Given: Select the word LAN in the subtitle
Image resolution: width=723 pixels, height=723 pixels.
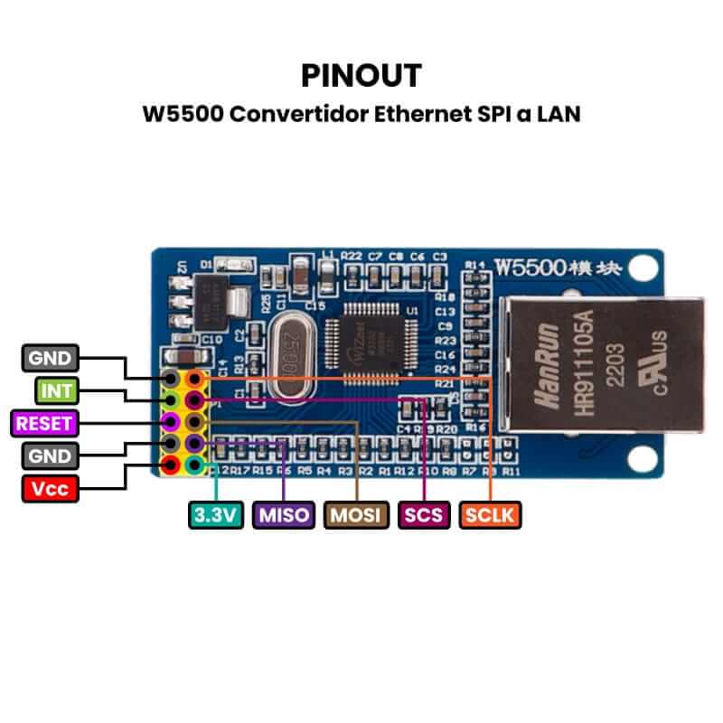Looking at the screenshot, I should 559,115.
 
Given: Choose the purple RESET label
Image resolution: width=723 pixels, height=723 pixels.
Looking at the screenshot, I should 42,422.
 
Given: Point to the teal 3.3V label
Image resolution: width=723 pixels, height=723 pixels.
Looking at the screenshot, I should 215,515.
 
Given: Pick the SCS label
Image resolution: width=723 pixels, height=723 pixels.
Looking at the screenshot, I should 423,515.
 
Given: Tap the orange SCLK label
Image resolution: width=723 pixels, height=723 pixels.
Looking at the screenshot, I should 490,515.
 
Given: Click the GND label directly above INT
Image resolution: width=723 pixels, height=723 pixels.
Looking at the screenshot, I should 50,358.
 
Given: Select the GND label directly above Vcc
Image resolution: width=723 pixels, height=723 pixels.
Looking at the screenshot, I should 50,455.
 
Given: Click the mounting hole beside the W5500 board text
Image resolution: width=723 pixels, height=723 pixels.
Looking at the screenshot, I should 643,268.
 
